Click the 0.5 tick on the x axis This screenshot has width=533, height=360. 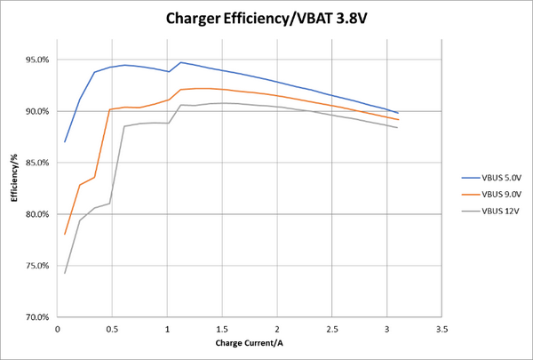coord(113,328)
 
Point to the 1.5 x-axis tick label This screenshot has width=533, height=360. coord(222,328)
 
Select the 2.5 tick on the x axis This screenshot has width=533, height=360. coord(332,328)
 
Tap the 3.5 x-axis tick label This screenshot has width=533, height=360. coord(442,328)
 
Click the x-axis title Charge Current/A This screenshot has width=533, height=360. coord(251,343)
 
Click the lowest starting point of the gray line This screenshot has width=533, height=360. coord(65,273)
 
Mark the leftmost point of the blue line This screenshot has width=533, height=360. coord(65,142)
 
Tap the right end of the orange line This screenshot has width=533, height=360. coord(398,119)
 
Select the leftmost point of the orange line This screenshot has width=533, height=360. coord(65,234)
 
